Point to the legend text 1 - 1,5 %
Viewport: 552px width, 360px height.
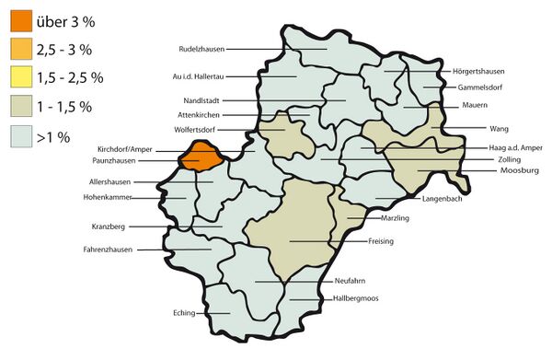point(64,107)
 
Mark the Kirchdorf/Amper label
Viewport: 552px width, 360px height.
point(123,148)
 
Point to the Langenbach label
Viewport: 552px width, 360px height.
point(443,199)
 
